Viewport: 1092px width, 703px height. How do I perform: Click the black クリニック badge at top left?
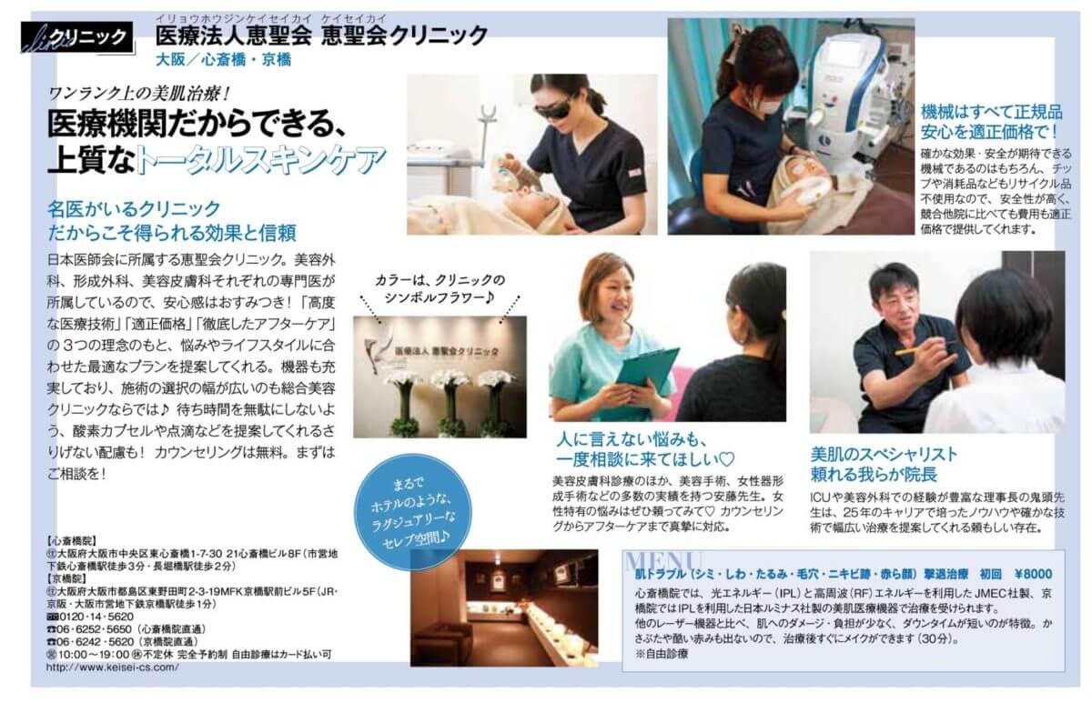coord(78,37)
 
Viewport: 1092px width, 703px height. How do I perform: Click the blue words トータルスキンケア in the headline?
coord(261,160)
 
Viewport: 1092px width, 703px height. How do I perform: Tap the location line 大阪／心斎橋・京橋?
coord(224,59)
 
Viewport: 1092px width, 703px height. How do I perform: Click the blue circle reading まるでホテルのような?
coord(412,512)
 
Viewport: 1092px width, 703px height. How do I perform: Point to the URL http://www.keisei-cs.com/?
coord(113,668)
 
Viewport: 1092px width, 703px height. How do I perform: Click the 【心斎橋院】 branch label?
coord(71,541)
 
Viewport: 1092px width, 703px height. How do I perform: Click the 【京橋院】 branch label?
coord(66,578)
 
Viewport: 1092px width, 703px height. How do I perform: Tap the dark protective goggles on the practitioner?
coord(556,112)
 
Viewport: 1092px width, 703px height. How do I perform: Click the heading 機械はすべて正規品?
coord(992,113)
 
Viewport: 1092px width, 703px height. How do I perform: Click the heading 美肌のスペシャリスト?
coord(884,454)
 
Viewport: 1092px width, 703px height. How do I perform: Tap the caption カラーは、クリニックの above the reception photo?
coord(440,281)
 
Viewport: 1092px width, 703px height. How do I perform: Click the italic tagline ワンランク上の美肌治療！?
coord(139,93)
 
